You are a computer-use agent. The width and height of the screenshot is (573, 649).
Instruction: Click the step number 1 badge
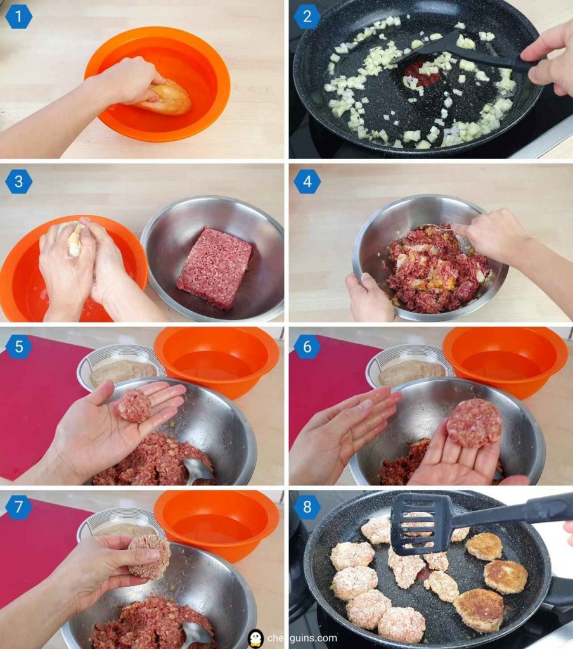point(18,17)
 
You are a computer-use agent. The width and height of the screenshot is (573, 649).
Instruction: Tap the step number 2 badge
point(307,17)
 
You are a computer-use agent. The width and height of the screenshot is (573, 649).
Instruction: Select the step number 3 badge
point(18,182)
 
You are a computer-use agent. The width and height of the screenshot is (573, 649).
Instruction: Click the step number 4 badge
point(307,182)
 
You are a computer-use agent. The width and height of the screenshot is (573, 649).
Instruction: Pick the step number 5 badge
point(18,347)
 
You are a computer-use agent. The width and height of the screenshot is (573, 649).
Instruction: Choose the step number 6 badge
point(307,347)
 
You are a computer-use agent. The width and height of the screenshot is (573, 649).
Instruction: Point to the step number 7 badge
point(18,507)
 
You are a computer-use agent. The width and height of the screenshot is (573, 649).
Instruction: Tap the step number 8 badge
point(307,507)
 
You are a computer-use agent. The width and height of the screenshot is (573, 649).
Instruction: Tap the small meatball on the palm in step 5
point(134,406)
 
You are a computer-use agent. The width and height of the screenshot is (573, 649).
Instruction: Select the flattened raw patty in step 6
point(474,423)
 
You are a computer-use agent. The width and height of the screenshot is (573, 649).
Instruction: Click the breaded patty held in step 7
point(150,557)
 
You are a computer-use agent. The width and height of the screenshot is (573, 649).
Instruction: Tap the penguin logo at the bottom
point(255,638)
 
